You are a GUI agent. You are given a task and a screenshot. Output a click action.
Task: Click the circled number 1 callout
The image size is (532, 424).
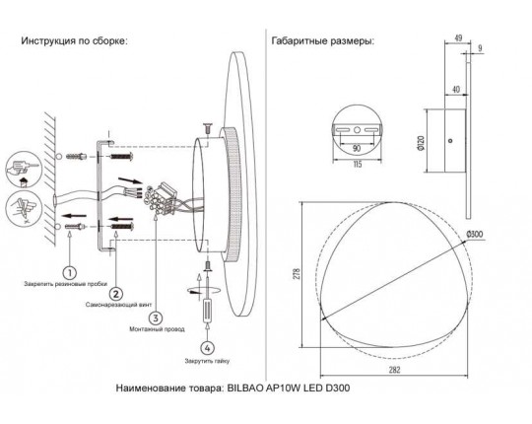[70, 272]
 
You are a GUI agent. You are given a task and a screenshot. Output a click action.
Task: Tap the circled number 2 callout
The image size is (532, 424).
[116, 293]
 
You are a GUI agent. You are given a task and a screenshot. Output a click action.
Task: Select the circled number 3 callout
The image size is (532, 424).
[156, 318]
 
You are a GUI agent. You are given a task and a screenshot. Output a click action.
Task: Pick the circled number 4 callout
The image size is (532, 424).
[207, 348]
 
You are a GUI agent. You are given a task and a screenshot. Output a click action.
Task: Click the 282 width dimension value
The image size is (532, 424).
[395, 370]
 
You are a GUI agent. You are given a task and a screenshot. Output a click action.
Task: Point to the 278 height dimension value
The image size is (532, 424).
[297, 274]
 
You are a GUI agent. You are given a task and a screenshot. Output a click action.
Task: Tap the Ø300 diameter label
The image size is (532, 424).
[474, 235]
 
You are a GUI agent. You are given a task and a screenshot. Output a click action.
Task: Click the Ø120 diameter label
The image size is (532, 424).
[421, 143]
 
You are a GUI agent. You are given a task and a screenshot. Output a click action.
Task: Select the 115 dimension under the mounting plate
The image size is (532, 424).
[358, 165]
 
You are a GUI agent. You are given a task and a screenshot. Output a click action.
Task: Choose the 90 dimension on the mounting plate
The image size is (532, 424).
[357, 148]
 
